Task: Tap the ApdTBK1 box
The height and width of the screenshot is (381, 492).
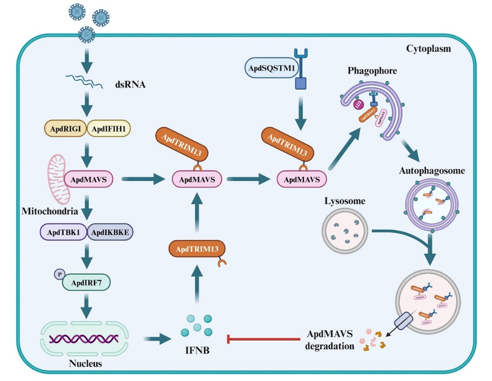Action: [x=63, y=233]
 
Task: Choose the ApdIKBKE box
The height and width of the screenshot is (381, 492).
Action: [x=109, y=233]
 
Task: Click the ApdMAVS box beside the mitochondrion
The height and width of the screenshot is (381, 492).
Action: [x=89, y=179]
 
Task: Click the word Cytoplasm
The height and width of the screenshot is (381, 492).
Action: [x=428, y=49]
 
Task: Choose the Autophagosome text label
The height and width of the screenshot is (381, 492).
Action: [x=432, y=171]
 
